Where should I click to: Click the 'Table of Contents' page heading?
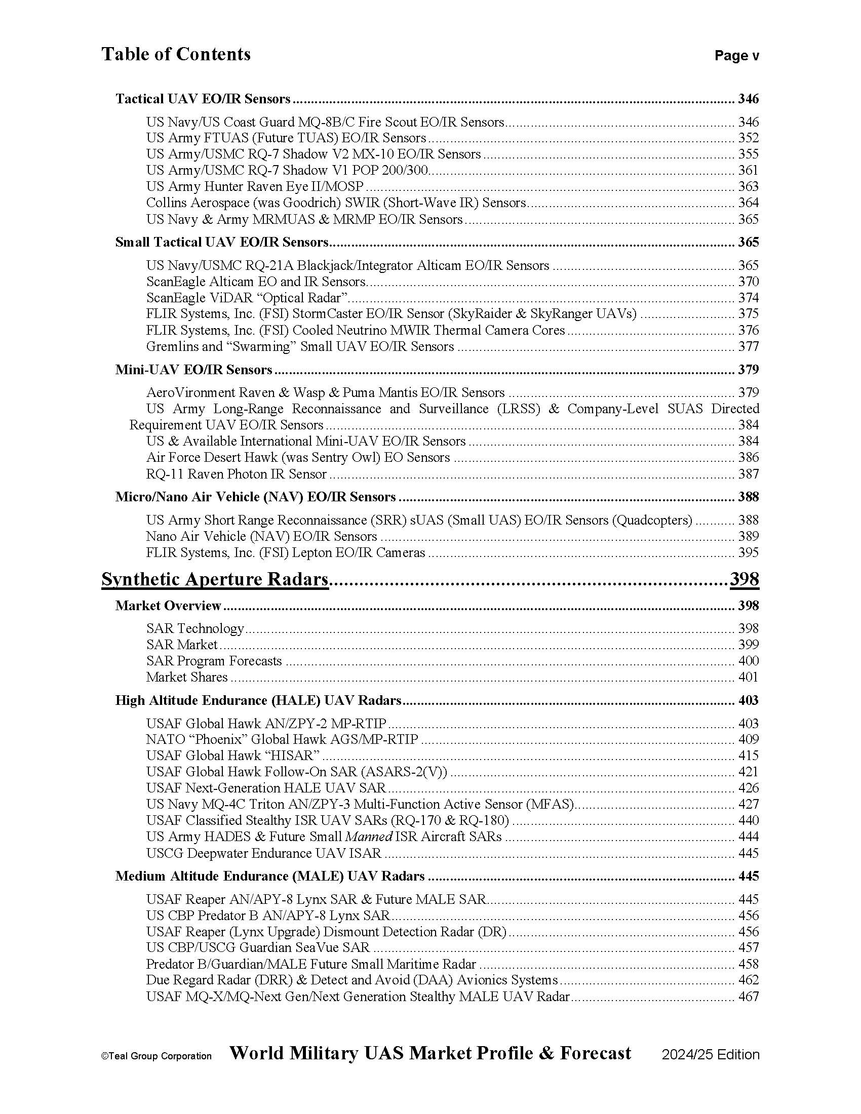[176, 54]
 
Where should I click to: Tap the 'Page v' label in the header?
[736, 56]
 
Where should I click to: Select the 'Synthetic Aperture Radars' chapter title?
[215, 579]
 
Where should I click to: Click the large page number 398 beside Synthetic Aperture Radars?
[744, 579]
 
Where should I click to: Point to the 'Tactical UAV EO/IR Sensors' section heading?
[203, 98]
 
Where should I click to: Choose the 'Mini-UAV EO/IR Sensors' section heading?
[194, 369]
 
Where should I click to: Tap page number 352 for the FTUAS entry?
[748, 138]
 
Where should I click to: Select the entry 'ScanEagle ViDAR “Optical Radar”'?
[247, 297]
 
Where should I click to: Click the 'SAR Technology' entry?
[195, 628]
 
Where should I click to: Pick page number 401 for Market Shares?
[748, 677]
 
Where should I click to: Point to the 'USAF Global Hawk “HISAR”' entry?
[232, 755]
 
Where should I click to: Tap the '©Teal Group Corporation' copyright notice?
[156, 1056]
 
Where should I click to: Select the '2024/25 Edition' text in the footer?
[711, 1055]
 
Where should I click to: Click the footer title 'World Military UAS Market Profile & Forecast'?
[430, 1053]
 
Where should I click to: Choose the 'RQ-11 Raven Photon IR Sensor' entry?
[236, 474]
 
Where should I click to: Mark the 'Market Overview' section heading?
[168, 606]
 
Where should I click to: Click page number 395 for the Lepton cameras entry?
[748, 552]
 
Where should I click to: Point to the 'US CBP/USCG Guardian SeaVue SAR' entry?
[258, 947]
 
